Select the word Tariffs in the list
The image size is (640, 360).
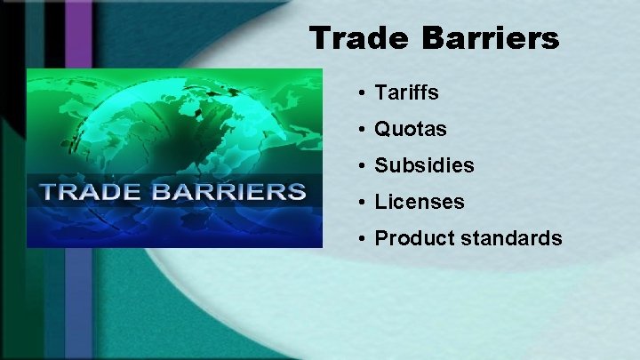(x=406, y=92)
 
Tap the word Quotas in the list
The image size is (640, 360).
(x=410, y=130)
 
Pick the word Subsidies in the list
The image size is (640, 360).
(x=424, y=166)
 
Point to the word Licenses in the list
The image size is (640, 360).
(x=419, y=203)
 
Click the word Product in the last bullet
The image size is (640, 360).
(x=410, y=238)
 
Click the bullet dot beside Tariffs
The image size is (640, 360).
(x=364, y=93)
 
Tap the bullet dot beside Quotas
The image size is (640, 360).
(x=364, y=130)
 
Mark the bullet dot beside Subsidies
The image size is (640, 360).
(x=364, y=166)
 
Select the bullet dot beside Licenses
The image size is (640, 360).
(x=364, y=203)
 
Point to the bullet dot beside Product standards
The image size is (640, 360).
(x=364, y=239)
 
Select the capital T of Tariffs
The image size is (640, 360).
(x=380, y=92)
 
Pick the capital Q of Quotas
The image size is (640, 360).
(x=382, y=130)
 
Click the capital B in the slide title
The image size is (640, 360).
(x=437, y=38)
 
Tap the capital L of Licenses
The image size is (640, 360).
(x=380, y=203)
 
